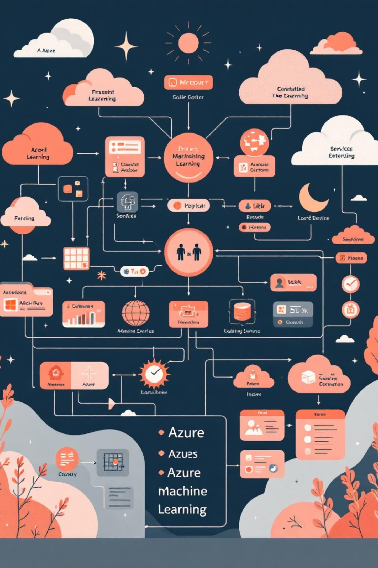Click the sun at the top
point(188,43)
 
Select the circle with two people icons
point(188,252)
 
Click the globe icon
point(135,313)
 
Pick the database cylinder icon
point(242,312)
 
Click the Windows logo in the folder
point(10,304)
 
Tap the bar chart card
point(83,314)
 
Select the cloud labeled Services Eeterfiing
point(339,147)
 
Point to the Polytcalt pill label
point(188,206)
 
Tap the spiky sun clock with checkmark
point(154,373)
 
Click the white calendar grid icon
point(76,258)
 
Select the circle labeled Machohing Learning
point(188,158)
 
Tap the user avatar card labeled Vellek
point(293,283)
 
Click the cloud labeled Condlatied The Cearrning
point(290,84)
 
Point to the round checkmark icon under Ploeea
point(350,284)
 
